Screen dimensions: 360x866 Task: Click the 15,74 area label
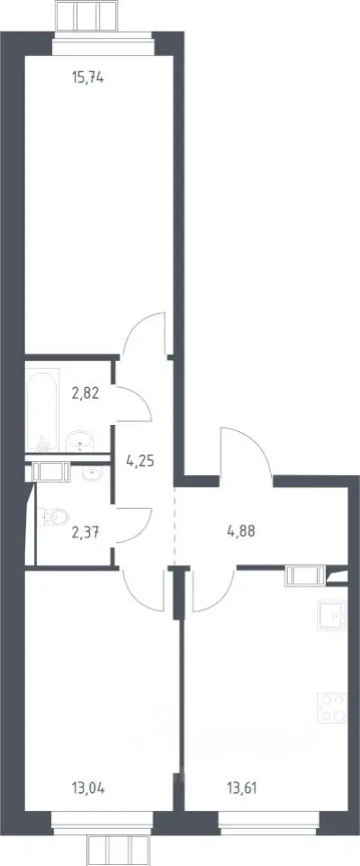(x=88, y=78)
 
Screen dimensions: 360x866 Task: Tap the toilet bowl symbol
(x=55, y=517)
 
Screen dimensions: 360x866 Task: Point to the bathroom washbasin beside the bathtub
(x=81, y=442)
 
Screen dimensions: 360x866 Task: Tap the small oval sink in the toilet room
(x=91, y=474)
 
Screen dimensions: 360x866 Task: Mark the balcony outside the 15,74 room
(x=86, y=15)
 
